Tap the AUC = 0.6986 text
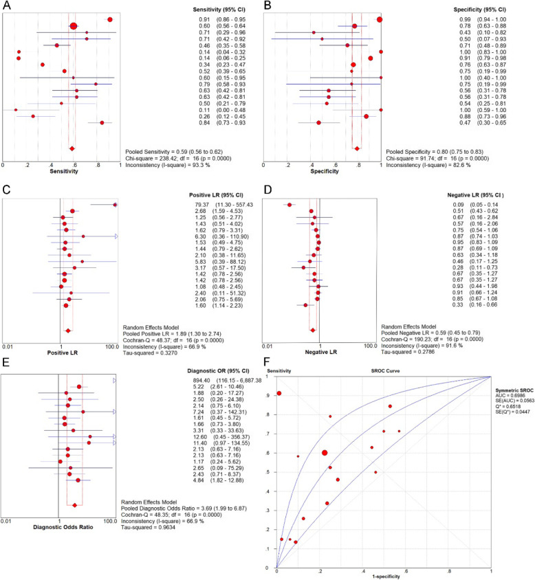click(x=512, y=405)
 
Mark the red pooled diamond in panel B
click(x=357, y=148)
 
